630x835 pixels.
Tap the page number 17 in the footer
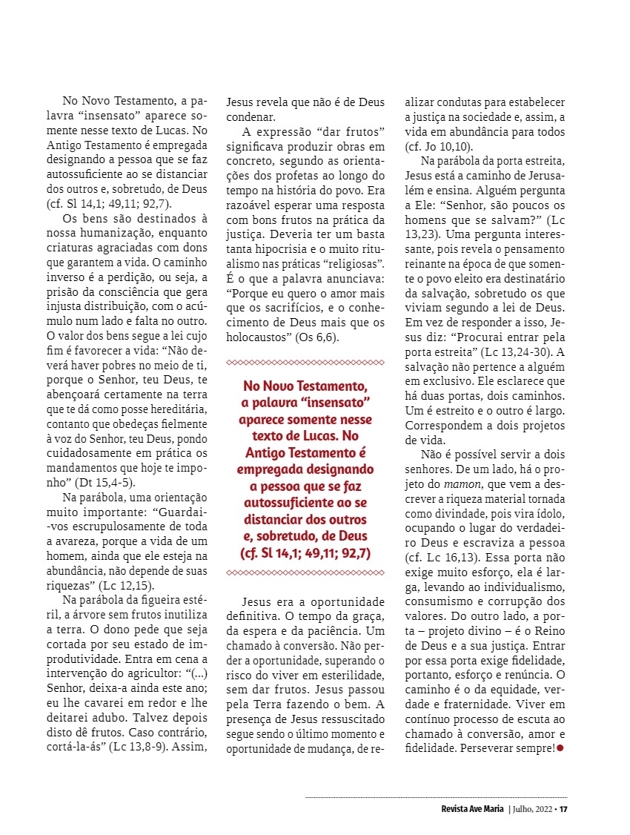coord(563,808)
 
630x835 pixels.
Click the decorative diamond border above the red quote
coord(305,362)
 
